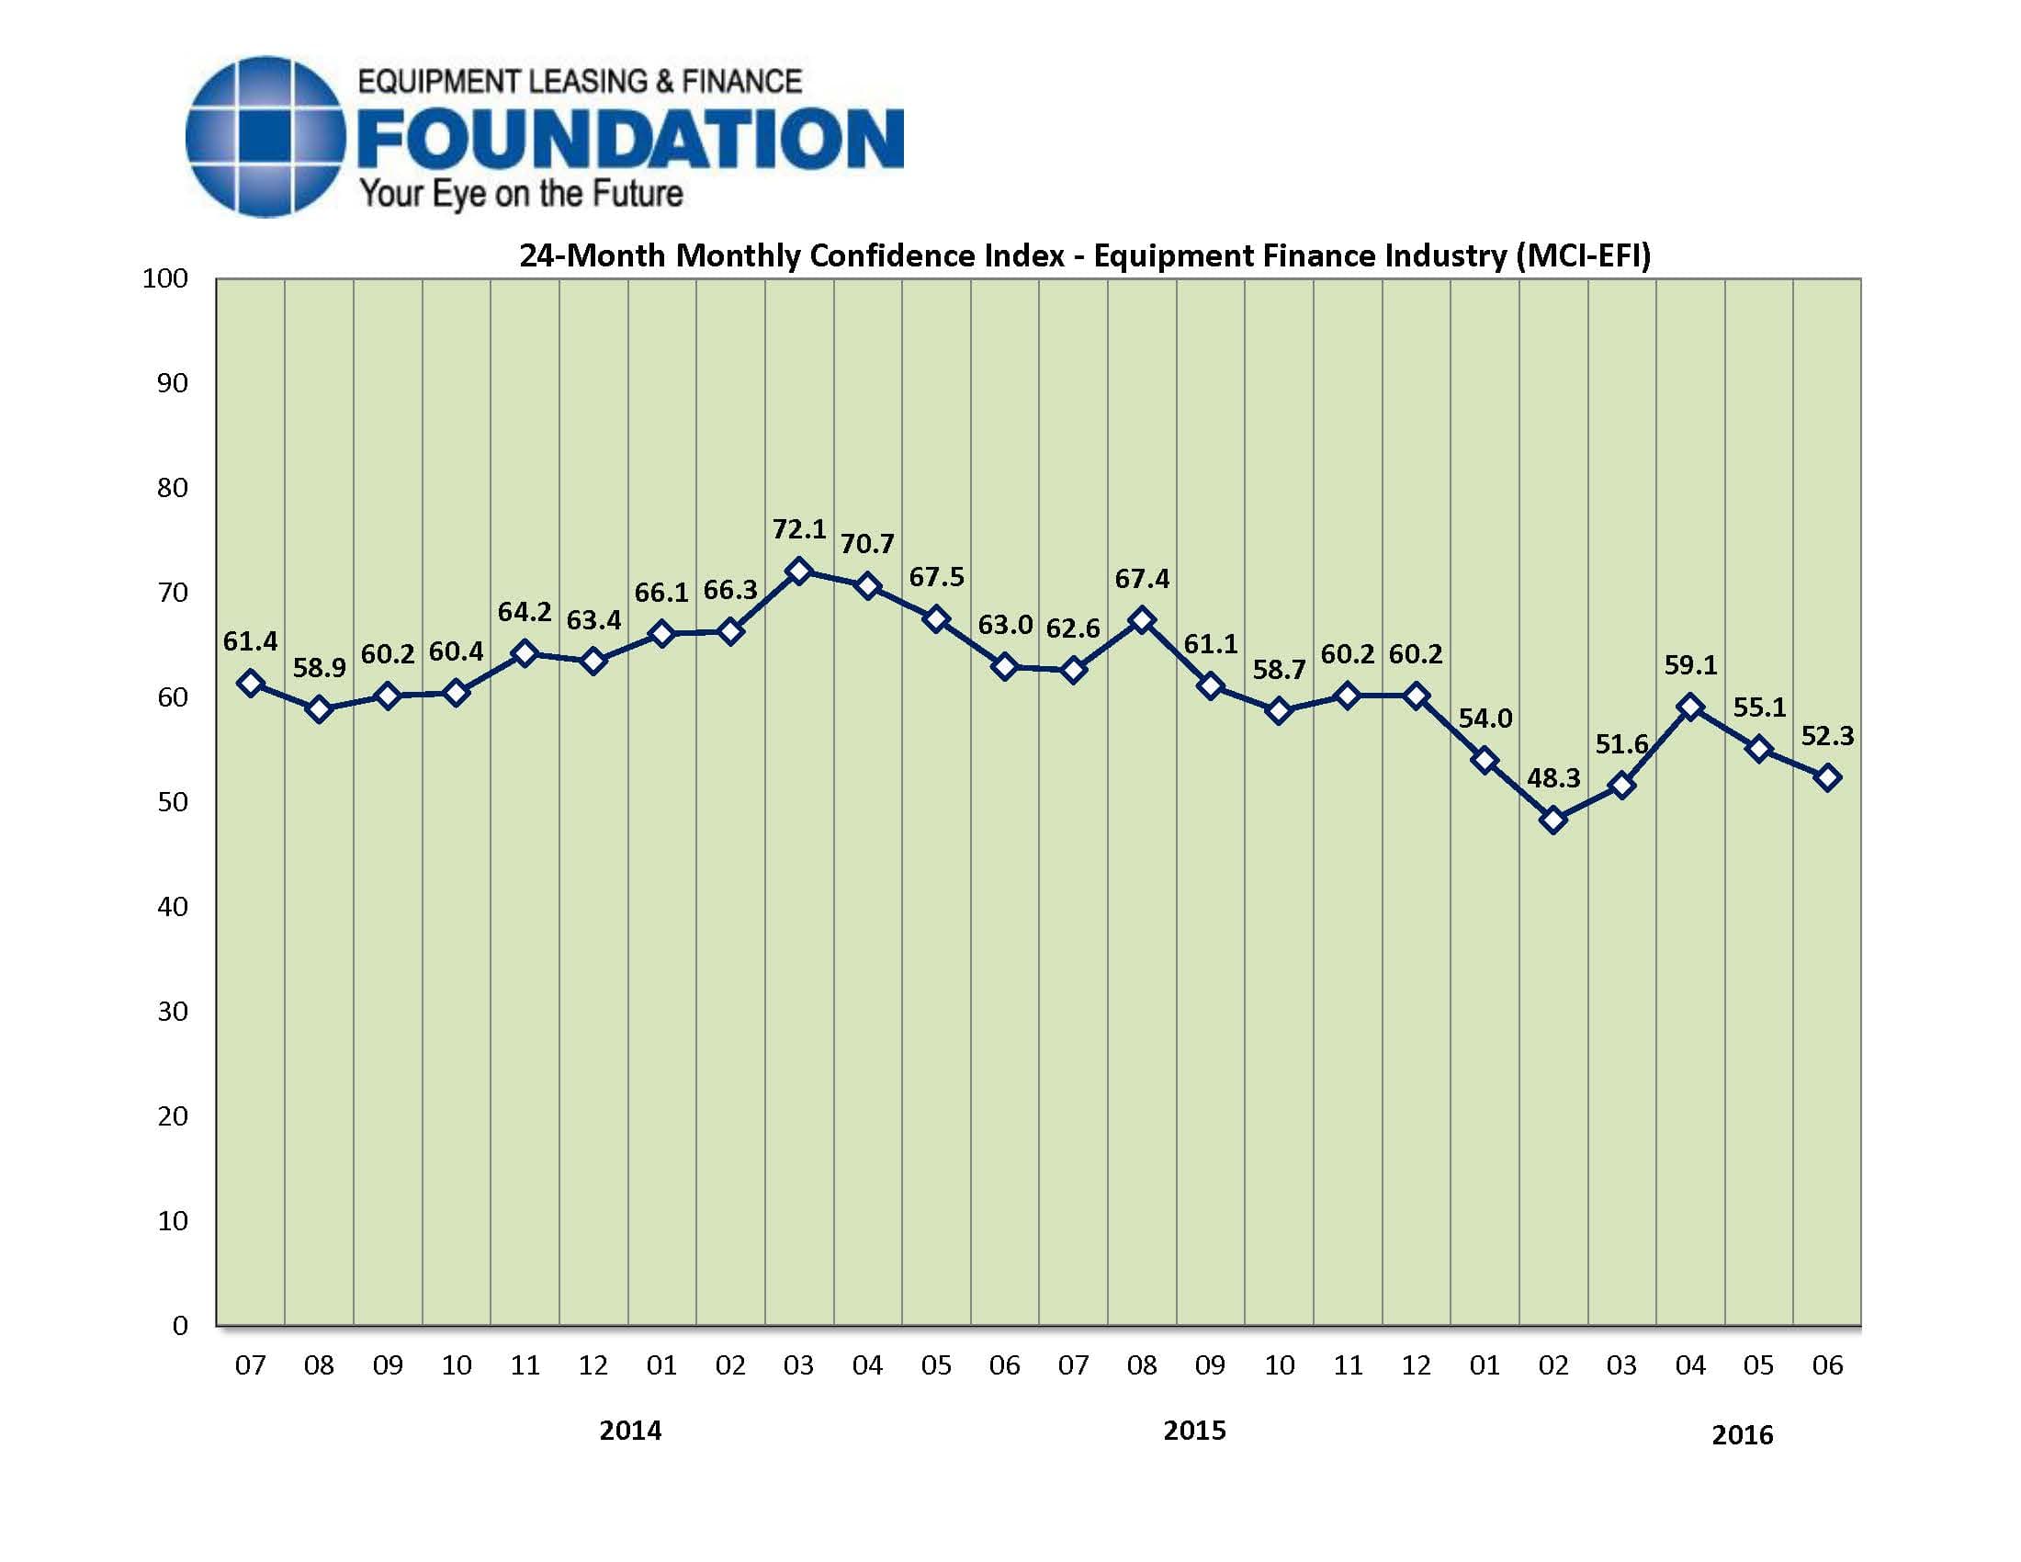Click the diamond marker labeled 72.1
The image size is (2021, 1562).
pyautogui.click(x=798, y=571)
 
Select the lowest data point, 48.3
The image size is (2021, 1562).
pyautogui.click(x=1553, y=820)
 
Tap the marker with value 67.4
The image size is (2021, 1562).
pyautogui.click(x=1143, y=620)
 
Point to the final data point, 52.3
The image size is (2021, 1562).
pyautogui.click(x=1827, y=778)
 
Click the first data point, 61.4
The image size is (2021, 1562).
pyautogui.click(x=250, y=683)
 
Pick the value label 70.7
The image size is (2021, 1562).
pyautogui.click(x=867, y=543)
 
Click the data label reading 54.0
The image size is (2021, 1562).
pyautogui.click(x=1485, y=719)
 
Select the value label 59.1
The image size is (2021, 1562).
pyautogui.click(x=1690, y=664)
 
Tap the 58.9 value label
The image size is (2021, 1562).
pyautogui.click(x=320, y=667)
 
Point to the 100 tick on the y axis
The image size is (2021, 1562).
pyautogui.click(x=164, y=278)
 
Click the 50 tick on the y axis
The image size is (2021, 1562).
pyautogui.click(x=172, y=801)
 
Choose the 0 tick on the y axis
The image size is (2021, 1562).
pyautogui.click(x=179, y=1325)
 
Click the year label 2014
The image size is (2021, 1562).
pyautogui.click(x=630, y=1431)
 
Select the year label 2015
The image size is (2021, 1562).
pyautogui.click(x=1193, y=1431)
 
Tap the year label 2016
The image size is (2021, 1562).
pyautogui.click(x=1742, y=1434)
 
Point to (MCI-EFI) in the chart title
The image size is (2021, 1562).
pyautogui.click(x=1584, y=255)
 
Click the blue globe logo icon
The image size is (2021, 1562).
pyautogui.click(x=266, y=137)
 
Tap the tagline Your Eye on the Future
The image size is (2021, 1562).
pyautogui.click(x=521, y=194)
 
